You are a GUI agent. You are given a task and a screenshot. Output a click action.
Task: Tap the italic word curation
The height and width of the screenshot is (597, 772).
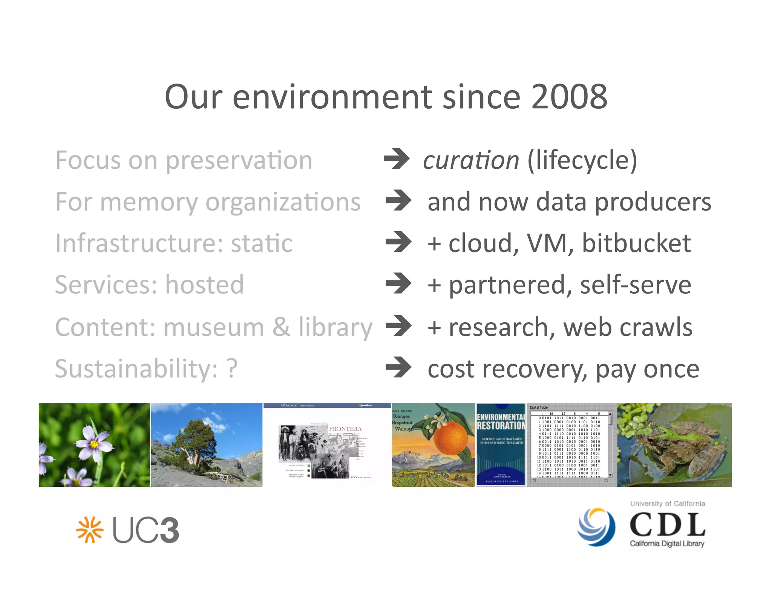[x=471, y=160]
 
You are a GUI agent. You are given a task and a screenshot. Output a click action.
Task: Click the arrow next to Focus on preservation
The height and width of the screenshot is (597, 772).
[x=397, y=159]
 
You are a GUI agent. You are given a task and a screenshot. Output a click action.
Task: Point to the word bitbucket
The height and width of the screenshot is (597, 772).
[x=636, y=243]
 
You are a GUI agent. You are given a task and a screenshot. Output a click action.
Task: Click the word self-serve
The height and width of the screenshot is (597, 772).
[x=635, y=285]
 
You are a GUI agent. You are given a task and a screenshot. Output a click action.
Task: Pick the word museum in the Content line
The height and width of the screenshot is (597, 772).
[x=214, y=327]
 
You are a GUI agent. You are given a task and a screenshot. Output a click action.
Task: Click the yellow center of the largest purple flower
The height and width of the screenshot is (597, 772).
[x=94, y=444]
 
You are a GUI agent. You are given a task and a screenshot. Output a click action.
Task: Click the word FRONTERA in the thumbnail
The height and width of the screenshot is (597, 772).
[x=345, y=429]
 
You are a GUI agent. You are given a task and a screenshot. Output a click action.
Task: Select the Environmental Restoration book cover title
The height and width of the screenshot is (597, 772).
[x=501, y=422]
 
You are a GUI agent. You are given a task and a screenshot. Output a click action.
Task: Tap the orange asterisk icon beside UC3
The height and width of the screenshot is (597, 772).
[x=90, y=530]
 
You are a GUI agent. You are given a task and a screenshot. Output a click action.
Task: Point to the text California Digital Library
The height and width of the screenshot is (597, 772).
[x=667, y=543]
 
